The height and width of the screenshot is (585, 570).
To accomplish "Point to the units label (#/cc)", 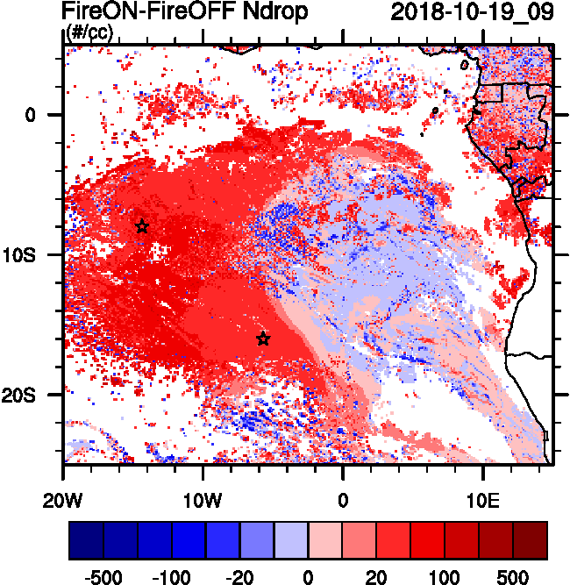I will [x=90, y=32].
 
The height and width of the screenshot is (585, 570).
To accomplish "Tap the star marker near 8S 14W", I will [x=142, y=227].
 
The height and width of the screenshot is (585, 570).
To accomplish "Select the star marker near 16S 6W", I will [x=263, y=339].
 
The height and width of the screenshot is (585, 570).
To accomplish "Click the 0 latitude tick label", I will [x=30, y=115].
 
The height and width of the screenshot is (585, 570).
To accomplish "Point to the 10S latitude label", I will [x=24, y=255].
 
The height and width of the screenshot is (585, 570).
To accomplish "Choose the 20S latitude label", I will [x=24, y=396].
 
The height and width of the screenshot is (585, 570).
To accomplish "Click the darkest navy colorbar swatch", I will [x=86, y=540].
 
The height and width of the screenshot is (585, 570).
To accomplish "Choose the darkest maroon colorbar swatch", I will [x=531, y=540].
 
